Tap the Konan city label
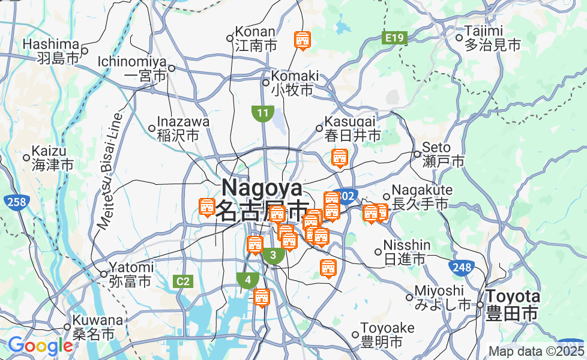256,38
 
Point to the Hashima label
51,51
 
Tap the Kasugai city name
352,128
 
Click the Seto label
444,154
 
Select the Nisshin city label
407,252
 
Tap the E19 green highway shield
395,38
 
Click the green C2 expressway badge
182,281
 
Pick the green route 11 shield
263,113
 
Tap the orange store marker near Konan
302,40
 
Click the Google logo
40,346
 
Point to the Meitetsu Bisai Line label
109,171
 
